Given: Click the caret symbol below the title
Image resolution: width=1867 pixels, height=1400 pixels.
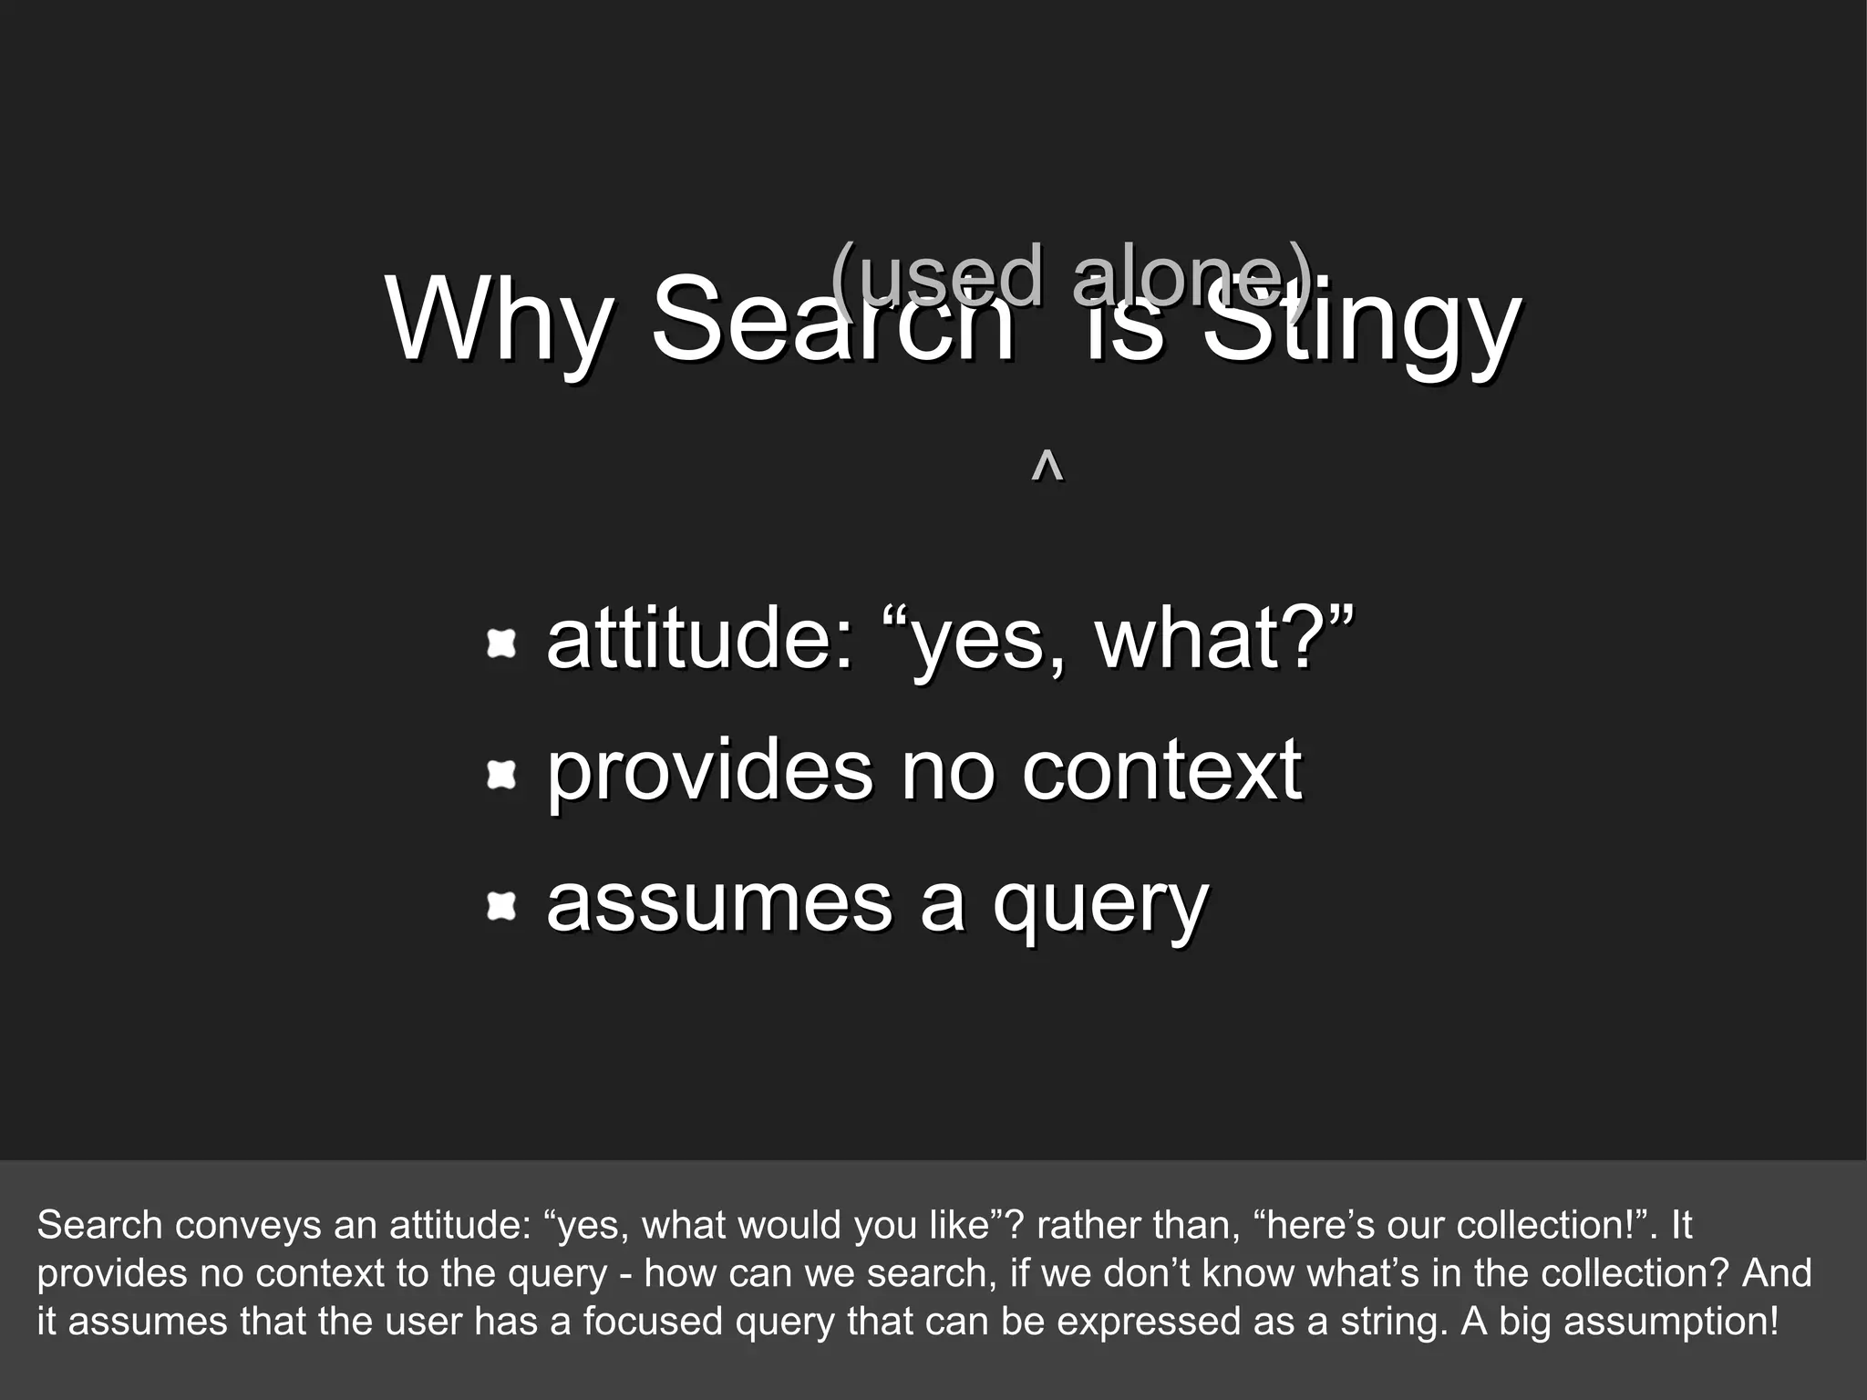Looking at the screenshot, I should point(1047,466).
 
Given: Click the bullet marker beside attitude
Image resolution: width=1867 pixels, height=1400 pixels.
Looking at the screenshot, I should point(501,643).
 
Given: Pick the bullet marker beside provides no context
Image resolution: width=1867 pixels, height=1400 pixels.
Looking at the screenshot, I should point(501,776).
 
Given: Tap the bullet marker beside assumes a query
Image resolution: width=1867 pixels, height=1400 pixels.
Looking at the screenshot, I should point(501,907).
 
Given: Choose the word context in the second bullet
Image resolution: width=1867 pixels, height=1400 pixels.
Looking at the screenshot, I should point(1161,770).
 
